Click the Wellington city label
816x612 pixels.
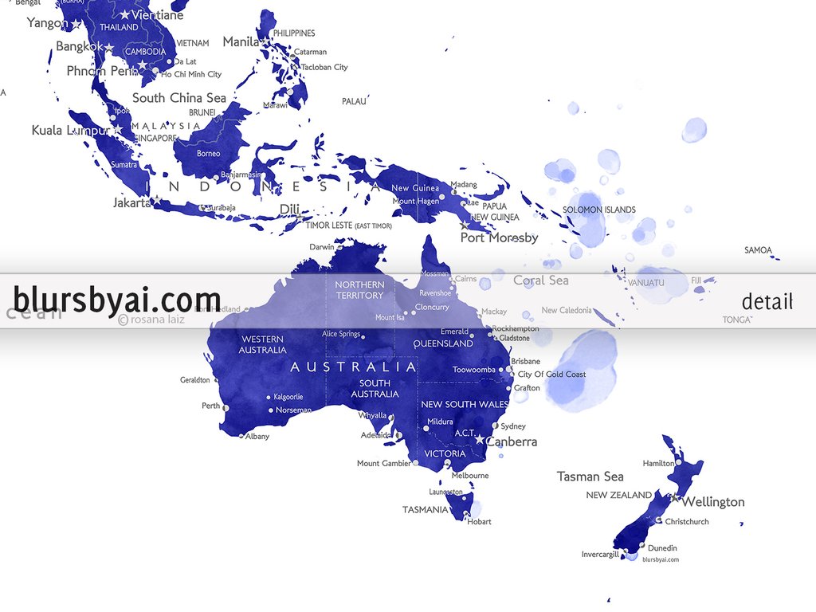[x=713, y=502]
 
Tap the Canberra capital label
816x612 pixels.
[x=512, y=441]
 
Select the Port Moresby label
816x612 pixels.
[x=500, y=237]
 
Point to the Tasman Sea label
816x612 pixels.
[x=590, y=477]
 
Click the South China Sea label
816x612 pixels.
[x=179, y=98]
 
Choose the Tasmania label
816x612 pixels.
[x=425, y=510]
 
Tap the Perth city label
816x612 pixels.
[x=210, y=406]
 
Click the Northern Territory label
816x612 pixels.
[x=359, y=290]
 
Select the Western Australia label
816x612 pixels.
[x=263, y=344]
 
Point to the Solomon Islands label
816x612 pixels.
[x=599, y=210]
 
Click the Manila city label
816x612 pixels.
[x=241, y=41]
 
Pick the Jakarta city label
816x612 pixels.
[x=131, y=203]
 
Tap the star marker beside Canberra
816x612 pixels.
[x=480, y=440]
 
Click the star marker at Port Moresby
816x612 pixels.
[x=465, y=226]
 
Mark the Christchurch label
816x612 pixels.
[x=686, y=522]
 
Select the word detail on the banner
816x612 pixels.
[x=767, y=301]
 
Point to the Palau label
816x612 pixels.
[x=354, y=102]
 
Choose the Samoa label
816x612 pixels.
[x=758, y=250]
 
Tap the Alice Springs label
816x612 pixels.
[x=341, y=334]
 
